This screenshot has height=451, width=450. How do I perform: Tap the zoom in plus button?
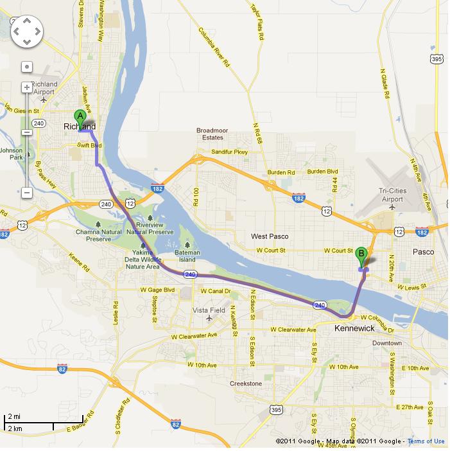pos(26,87)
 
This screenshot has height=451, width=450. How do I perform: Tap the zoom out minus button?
pos(26,192)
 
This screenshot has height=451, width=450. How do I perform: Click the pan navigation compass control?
pos(26,30)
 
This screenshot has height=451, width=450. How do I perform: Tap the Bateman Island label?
pos(187,256)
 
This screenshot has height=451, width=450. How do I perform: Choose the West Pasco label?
pos(270,236)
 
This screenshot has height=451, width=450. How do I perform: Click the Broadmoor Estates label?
pos(212,134)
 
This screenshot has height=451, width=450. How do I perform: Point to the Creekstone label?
pos(246,384)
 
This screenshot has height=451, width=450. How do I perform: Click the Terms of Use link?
pos(426,441)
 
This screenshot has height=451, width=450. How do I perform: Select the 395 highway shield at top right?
pos(436,59)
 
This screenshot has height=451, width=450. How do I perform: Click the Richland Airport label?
pos(44,88)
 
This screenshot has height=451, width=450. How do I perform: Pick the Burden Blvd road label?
pos(323,172)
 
